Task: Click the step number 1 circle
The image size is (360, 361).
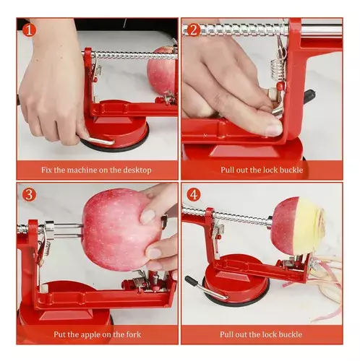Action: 28,30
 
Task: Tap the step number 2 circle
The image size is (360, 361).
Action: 192,30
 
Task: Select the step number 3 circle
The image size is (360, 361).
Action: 28,194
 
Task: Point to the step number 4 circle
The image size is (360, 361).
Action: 192,194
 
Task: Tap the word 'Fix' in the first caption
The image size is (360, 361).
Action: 46,170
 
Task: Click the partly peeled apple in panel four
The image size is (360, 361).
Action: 299,225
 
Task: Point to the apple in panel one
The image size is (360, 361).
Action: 163,71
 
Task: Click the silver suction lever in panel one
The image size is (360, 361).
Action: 98,139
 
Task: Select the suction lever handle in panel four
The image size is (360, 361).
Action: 193,282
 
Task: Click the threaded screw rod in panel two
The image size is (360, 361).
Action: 239,30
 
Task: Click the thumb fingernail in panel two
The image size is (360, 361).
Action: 273,129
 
